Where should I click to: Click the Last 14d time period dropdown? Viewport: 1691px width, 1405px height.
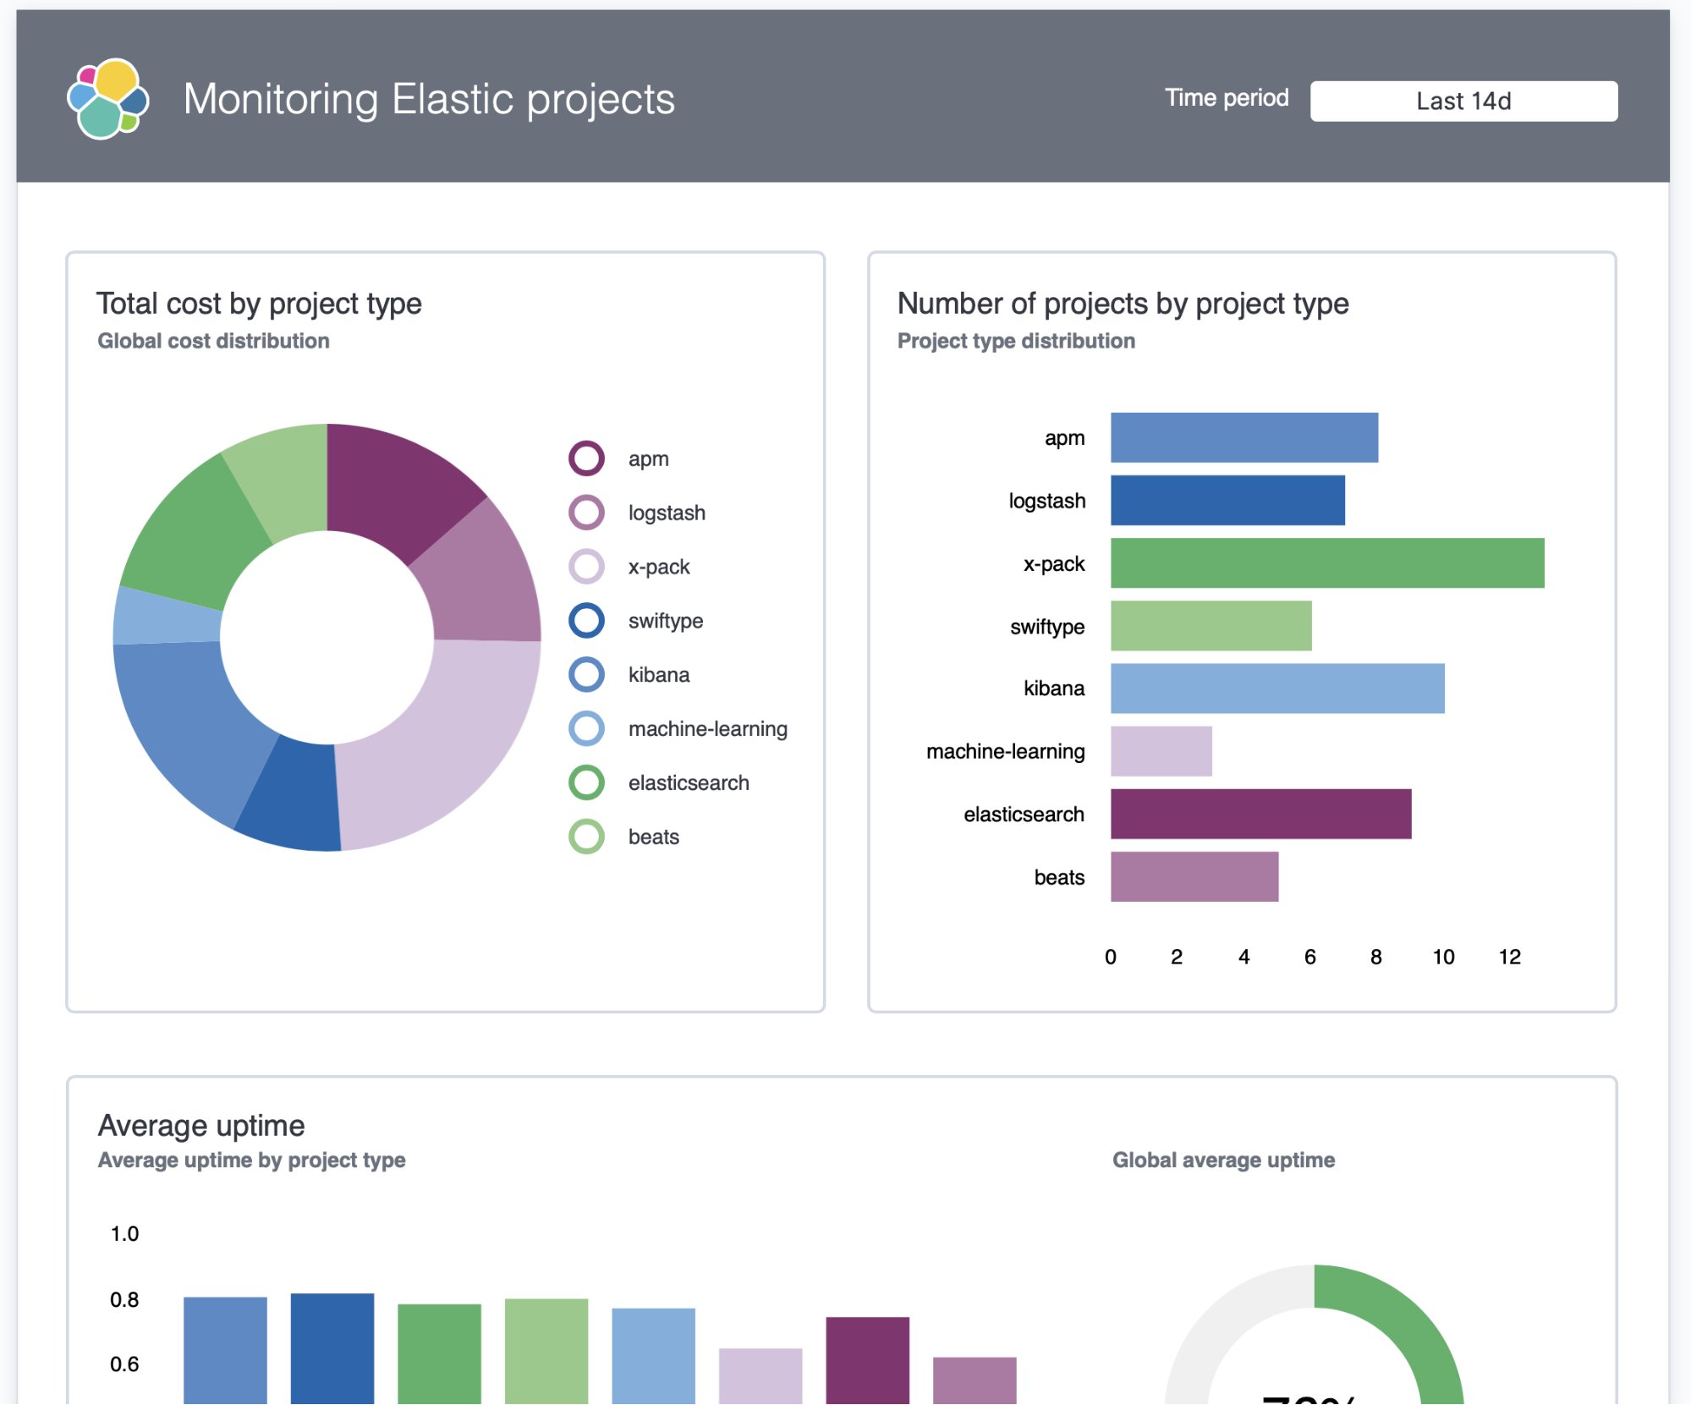(x=1463, y=102)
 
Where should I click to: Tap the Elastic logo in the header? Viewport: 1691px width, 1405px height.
(x=108, y=99)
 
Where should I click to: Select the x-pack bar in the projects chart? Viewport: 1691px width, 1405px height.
(x=1326, y=563)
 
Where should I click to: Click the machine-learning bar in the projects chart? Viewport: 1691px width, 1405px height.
(x=1161, y=751)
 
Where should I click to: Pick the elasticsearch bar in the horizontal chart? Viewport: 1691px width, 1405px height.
(x=1260, y=814)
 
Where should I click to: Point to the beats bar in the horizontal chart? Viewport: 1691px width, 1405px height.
(x=1194, y=876)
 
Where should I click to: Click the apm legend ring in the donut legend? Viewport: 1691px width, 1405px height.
(x=586, y=458)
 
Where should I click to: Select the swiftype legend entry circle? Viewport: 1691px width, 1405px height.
(x=586, y=620)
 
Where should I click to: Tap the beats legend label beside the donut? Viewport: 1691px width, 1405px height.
(x=653, y=837)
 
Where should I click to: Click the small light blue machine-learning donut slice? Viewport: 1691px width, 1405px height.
(x=165, y=616)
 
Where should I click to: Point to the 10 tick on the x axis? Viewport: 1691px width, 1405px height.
(x=1443, y=957)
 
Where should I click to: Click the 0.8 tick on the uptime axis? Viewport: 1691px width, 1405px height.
(x=124, y=1299)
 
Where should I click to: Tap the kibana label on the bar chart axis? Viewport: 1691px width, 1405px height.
(x=1053, y=689)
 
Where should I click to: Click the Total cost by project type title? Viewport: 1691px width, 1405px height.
(x=259, y=304)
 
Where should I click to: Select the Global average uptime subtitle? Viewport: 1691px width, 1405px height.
(x=1223, y=1160)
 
